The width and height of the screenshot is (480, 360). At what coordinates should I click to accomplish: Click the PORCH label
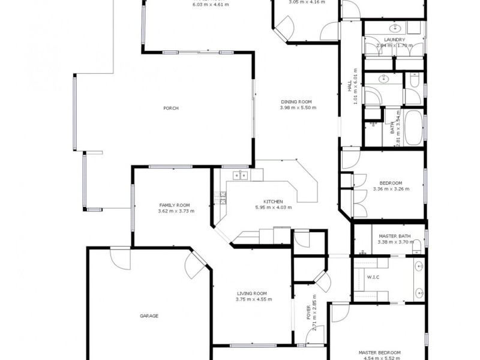tap(171, 109)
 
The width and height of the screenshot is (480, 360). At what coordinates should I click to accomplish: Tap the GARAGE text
tap(149, 316)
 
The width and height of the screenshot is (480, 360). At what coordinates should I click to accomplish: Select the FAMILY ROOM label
tap(170, 205)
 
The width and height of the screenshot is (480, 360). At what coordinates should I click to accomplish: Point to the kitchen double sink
tap(241, 175)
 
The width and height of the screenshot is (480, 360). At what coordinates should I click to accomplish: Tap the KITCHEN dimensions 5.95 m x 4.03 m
tap(273, 208)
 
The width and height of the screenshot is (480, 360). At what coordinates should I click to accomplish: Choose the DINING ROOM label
tap(298, 101)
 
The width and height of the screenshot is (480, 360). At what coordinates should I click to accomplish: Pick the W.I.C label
tap(372, 278)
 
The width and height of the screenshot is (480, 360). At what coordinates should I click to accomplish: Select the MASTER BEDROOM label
tap(380, 353)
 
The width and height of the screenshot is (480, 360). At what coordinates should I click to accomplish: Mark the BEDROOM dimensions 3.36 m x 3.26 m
tap(391, 189)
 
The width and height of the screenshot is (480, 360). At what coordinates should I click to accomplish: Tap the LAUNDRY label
tap(394, 40)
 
